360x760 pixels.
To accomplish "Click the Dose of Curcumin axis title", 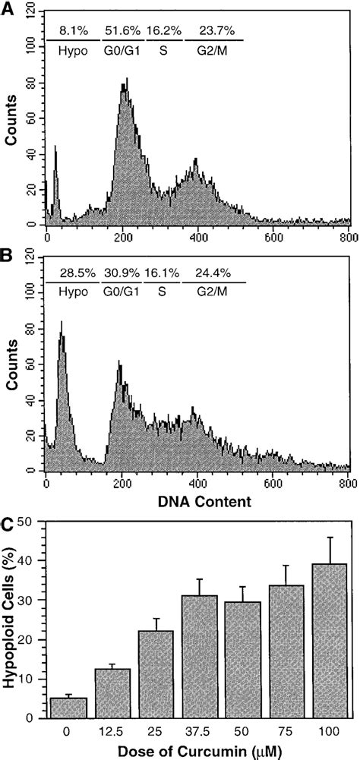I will pos(198,751).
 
